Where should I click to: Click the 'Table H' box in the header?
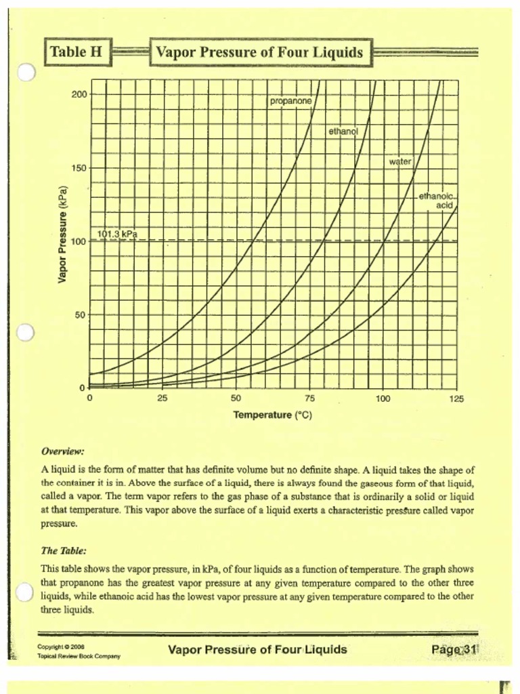point(78,52)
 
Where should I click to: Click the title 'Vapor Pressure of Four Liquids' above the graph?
point(260,52)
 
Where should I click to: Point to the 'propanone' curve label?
point(291,101)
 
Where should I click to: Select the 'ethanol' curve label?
point(343,131)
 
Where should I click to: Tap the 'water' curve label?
point(401,161)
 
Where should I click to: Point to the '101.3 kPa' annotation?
point(117,234)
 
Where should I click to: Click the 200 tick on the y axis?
point(79,94)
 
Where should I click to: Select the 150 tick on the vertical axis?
point(79,167)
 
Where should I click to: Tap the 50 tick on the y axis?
point(81,314)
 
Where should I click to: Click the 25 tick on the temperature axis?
point(162,399)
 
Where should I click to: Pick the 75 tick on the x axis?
point(309,399)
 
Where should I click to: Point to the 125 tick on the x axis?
point(456,399)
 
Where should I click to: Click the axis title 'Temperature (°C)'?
point(273,415)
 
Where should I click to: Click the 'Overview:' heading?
point(63,451)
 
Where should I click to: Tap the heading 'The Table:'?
point(64,551)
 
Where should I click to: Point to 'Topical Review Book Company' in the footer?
point(79,657)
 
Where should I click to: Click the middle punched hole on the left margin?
point(25,332)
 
